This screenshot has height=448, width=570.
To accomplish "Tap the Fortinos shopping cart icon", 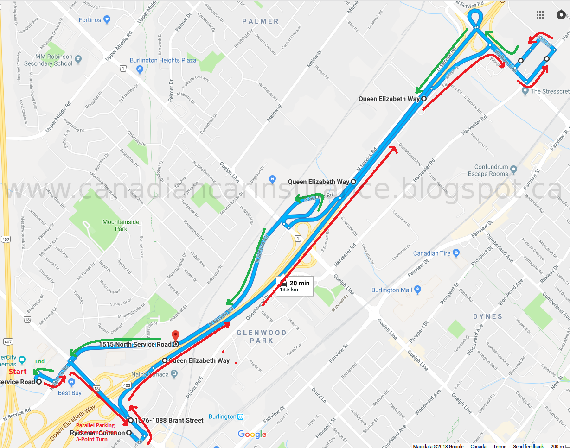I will click(x=108, y=20).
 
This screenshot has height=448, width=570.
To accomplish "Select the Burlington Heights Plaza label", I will click(x=163, y=60).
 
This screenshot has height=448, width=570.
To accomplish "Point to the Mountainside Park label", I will click(x=121, y=225).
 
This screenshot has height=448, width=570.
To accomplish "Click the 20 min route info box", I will click(x=295, y=285).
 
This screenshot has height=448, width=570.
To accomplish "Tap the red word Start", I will click(x=18, y=372).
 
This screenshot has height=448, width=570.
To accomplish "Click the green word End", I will click(x=40, y=361).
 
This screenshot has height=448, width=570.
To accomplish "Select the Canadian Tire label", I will click(x=432, y=253).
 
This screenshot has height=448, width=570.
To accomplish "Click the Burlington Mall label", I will click(x=392, y=290).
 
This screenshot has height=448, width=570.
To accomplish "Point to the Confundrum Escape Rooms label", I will click(x=491, y=170).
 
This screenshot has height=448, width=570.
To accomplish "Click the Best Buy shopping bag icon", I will click(x=71, y=382).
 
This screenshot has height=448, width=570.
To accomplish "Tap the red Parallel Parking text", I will click(x=95, y=425).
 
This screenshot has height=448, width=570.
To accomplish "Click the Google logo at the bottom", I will click(x=252, y=434).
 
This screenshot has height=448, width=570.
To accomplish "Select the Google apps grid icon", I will click(x=540, y=15).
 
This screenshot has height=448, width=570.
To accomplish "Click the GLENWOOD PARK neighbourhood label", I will click(x=261, y=336).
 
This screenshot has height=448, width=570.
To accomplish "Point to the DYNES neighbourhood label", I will click(x=487, y=316).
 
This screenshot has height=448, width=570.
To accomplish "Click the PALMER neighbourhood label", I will click(x=260, y=21).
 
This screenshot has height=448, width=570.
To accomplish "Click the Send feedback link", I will click(x=528, y=446).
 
